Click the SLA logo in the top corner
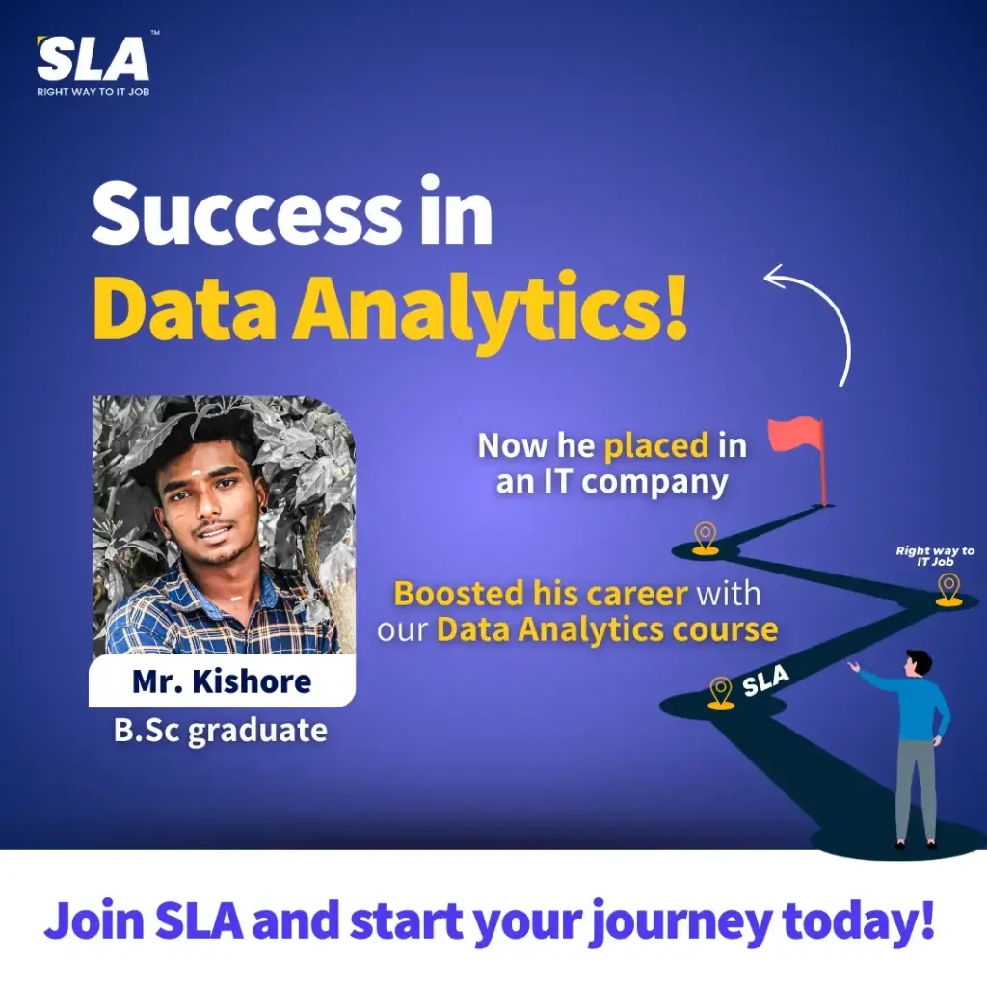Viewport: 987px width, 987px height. tap(93, 59)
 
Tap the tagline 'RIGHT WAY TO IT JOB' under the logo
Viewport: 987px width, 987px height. tap(93, 92)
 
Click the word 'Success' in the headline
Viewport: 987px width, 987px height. tap(247, 215)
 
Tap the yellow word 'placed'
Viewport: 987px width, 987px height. tap(656, 446)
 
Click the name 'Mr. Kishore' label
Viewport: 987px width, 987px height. tap(222, 681)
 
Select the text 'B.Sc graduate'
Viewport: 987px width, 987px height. tap(221, 731)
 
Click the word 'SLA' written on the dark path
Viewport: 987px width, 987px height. tap(765, 681)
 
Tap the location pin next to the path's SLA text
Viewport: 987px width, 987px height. tap(721, 692)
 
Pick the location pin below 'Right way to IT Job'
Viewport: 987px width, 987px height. tap(948, 590)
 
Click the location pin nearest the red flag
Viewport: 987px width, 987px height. tap(705, 538)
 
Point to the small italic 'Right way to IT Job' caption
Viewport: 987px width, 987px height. tap(935, 556)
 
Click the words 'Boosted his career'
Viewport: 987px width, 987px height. tap(541, 594)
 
